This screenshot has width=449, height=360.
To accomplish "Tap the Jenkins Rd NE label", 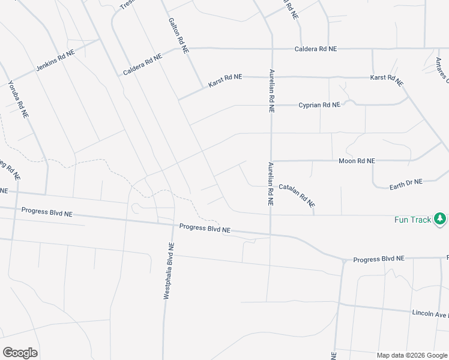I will coord(55,61).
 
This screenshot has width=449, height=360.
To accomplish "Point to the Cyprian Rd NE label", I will coord(319,105).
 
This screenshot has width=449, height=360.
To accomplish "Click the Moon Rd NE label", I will coord(357,161).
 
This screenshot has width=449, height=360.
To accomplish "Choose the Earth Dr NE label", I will coord(406,182).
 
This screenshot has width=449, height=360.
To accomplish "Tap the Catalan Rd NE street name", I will coord(297,196).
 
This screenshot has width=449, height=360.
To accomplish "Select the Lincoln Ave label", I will coord(430,314).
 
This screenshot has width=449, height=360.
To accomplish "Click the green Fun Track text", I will coord(412,220).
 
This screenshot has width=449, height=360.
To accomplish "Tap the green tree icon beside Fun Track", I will coord(441,219).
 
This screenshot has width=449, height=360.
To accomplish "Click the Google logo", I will coord(20,353).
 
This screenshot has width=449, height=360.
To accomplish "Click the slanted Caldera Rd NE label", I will coord(143,65).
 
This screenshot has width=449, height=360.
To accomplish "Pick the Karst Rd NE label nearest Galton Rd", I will coord(225,81).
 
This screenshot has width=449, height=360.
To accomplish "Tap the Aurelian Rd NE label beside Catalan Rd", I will coord(271,184).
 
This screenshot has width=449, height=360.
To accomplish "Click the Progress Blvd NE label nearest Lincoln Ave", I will coord(379,259).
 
